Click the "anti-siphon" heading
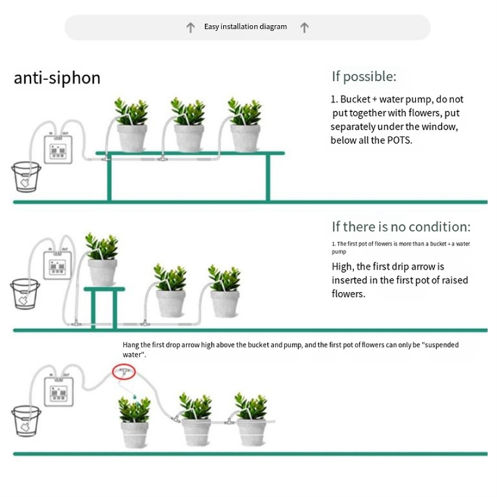(57, 77)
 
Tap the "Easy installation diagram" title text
(245, 28)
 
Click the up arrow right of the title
(304, 28)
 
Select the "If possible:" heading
(364, 77)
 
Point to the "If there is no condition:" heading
(401, 226)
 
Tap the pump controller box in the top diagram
(57, 146)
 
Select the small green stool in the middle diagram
(101, 304)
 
